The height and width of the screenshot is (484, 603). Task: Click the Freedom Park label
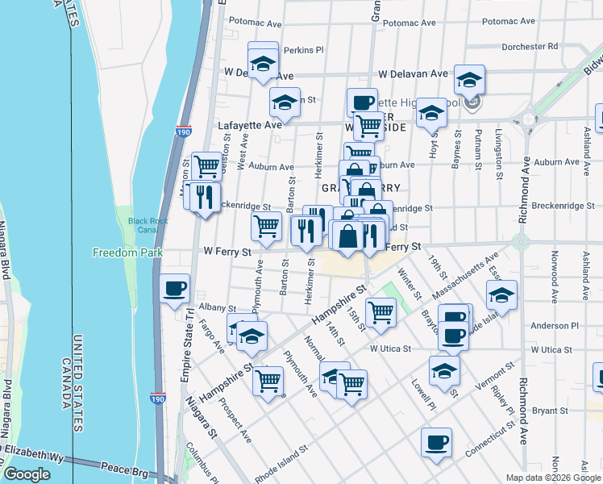click(x=127, y=252)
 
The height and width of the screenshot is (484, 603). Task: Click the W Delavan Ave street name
click(x=413, y=73)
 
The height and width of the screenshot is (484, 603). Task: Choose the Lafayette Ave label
click(x=250, y=125)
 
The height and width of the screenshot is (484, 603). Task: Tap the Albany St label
click(x=217, y=308)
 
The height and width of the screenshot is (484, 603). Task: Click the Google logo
click(x=27, y=474)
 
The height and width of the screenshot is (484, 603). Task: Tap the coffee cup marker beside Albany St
click(x=174, y=288)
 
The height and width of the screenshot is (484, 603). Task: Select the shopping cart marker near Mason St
click(x=207, y=165)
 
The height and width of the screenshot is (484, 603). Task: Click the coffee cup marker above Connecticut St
click(x=436, y=441)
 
